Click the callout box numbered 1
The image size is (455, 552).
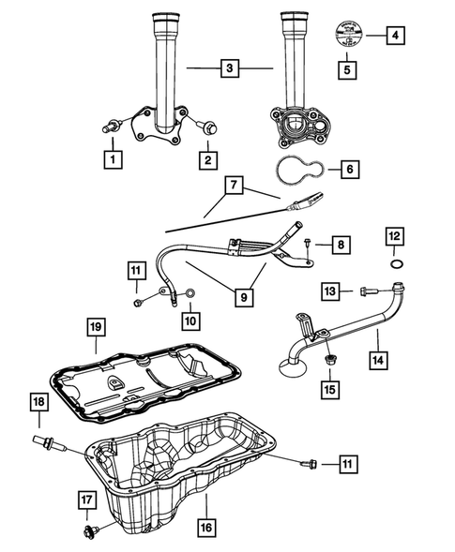click(113, 159)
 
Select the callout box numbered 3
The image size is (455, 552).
click(228, 67)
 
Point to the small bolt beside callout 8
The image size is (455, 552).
click(308, 243)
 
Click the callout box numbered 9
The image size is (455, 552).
click(243, 297)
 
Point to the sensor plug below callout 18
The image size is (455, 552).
click(45, 440)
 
